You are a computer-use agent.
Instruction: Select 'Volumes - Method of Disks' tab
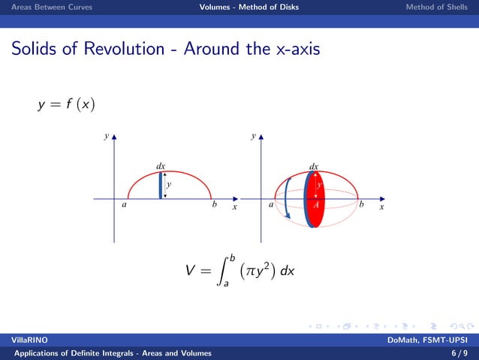249,8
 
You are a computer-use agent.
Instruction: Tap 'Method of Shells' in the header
437,8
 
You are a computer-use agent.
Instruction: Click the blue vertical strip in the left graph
161,185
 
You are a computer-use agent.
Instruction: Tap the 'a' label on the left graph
124,205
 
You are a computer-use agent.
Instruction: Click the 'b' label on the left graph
215,205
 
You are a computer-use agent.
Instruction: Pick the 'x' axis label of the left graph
234,207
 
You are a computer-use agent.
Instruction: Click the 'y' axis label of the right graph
254,138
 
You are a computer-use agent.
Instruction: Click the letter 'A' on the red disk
316,204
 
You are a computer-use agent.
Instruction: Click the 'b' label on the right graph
362,204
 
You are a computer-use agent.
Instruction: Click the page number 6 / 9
457,352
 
